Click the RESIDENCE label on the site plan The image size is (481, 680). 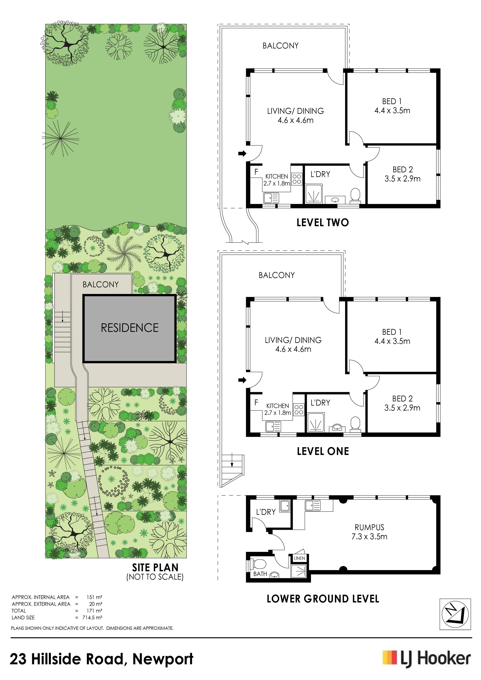tap(130, 328)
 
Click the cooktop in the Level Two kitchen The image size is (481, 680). tap(297, 179)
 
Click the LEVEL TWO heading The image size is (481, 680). tap(323, 222)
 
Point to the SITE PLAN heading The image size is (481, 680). tap(155, 567)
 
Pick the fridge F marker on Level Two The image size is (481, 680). tap(256, 172)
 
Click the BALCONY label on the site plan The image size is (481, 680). tap(101, 285)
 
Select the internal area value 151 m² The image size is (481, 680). tap(94, 597)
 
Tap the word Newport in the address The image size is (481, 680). tap(163, 659)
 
